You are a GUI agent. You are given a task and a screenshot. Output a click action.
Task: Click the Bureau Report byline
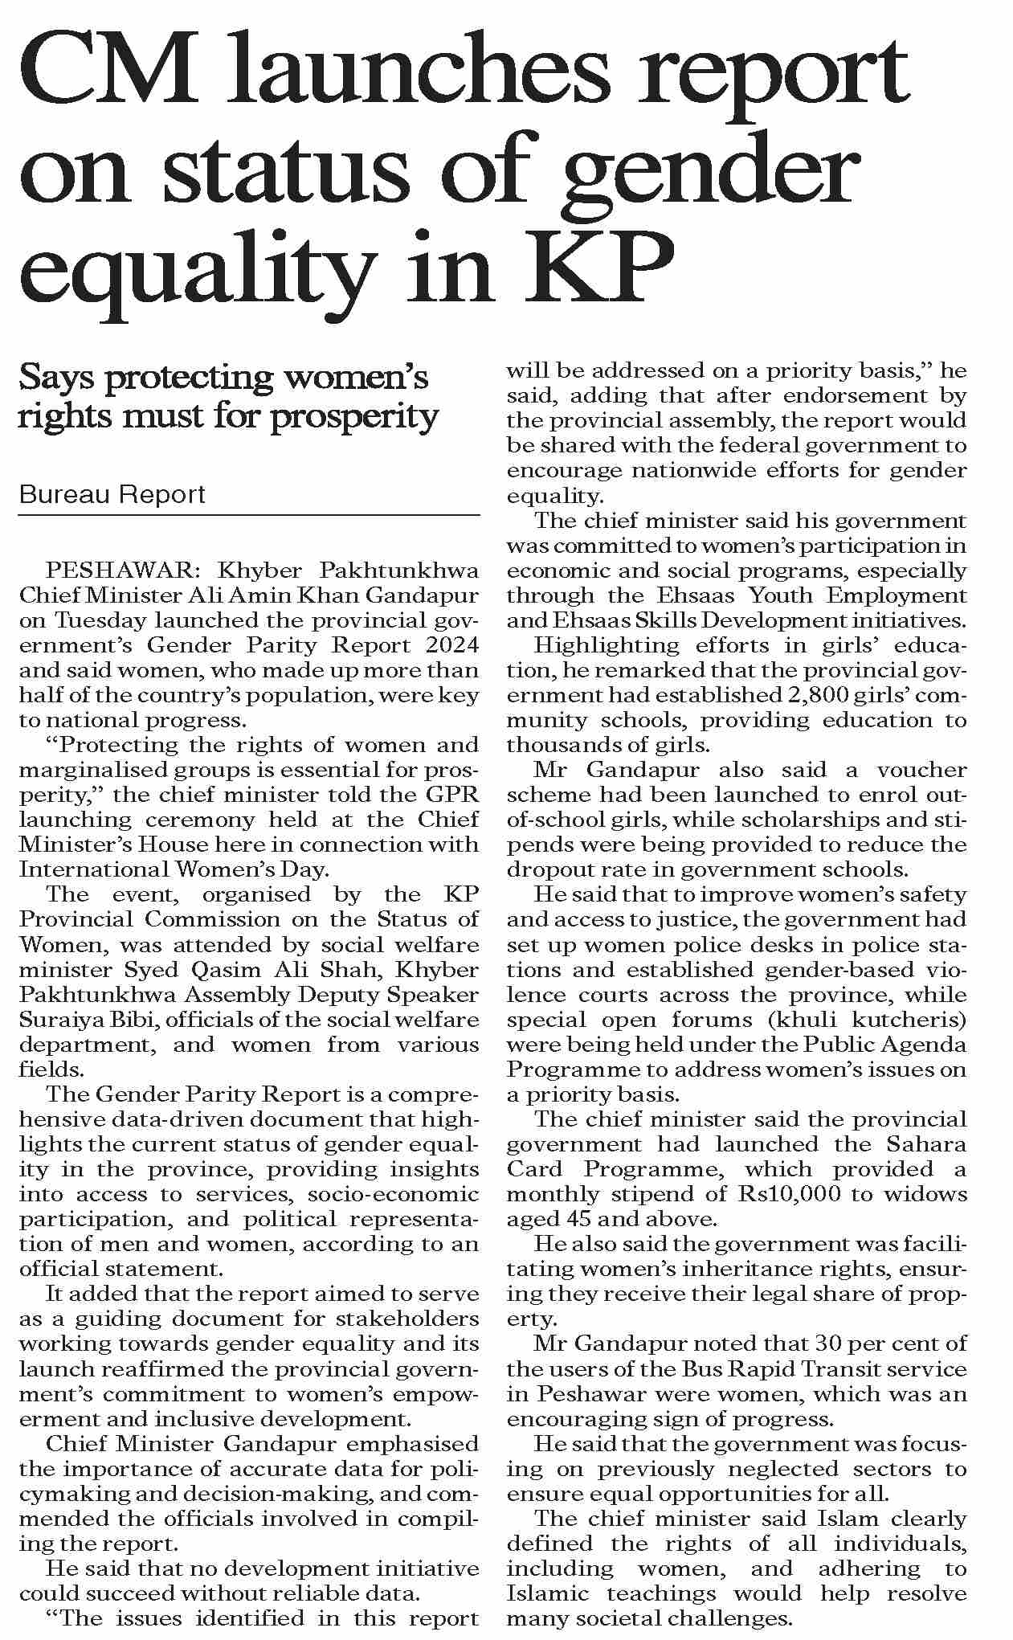pos(112,493)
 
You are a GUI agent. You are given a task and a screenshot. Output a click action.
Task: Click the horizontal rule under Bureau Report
pos(249,514)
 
